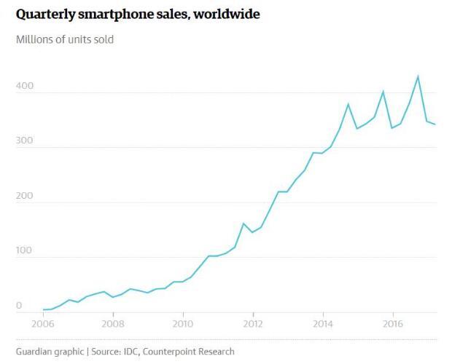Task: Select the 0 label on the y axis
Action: (x=19, y=306)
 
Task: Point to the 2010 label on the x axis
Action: (x=183, y=323)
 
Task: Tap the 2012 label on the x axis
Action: (x=253, y=323)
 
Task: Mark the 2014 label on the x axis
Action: (x=323, y=323)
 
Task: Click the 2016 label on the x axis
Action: (x=393, y=323)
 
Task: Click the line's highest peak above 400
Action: (x=418, y=76)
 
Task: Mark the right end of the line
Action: (x=435, y=124)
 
